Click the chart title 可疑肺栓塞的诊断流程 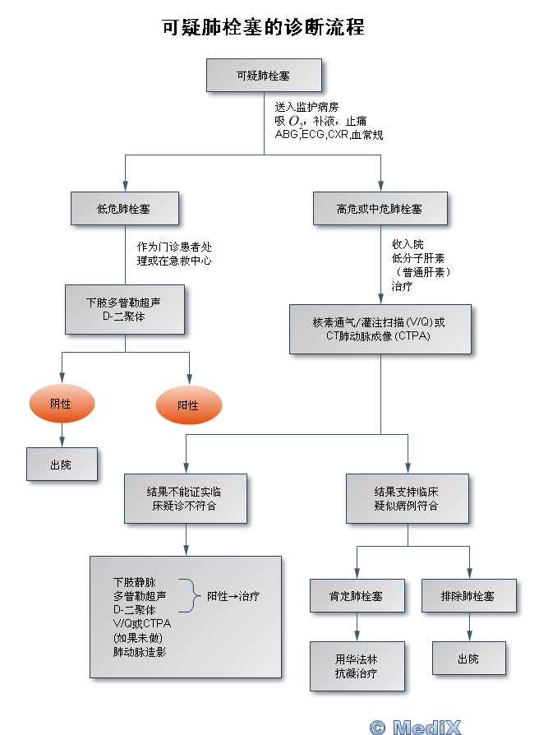[264, 27]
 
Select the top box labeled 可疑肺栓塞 [263, 76]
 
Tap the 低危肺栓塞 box [125, 209]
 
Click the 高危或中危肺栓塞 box [380, 209]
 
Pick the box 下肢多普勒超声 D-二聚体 [125, 309]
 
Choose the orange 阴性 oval [62, 404]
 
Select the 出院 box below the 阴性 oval [62, 465]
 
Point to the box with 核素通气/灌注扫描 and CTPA [380, 329]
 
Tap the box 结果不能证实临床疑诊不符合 [185, 498]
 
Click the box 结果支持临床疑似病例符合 [407, 498]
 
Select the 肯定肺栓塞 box [357, 595]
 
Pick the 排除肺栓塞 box [469, 595]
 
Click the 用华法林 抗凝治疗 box [357, 666]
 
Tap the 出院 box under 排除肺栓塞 [469, 659]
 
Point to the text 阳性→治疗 [233, 596]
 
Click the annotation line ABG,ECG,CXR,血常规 [329, 134]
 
